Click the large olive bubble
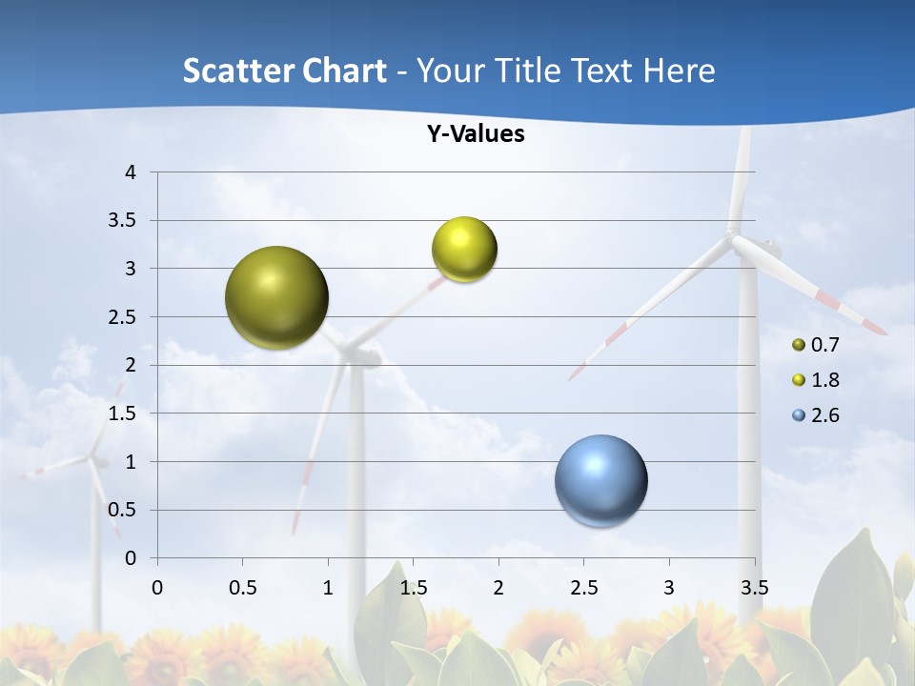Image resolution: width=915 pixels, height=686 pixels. coord(277,297)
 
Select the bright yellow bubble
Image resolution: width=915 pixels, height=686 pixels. coord(464,249)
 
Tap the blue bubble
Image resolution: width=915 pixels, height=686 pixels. coord(601,480)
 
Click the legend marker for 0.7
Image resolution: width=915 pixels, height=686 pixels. coord(799,345)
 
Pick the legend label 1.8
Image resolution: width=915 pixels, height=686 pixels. coord(824,380)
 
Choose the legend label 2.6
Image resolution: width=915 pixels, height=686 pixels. coord(824,415)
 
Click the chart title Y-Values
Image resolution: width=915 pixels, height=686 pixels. coord(476,134)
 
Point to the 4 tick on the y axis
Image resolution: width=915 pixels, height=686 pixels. coord(132,172)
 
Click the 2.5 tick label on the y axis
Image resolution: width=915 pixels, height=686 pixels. coord(121,317)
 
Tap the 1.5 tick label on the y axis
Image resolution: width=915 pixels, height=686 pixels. coord(121,414)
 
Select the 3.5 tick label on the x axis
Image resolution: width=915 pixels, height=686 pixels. coord(754,587)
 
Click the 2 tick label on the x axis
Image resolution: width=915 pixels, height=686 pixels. coord(498,587)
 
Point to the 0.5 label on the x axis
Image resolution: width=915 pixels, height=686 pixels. coord(242,587)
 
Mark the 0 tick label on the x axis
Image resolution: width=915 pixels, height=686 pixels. coord(157,587)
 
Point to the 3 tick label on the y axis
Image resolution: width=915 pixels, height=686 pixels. coord(132,269)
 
